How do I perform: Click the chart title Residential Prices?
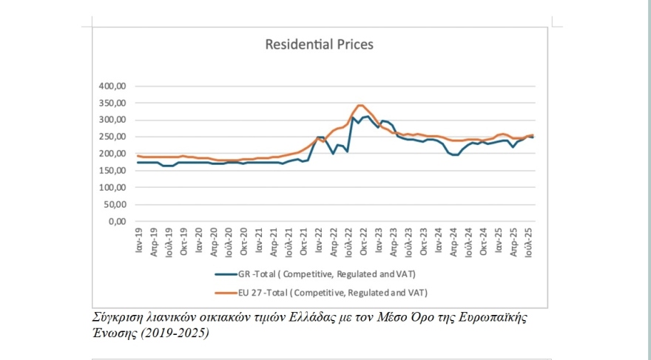(x=320, y=44)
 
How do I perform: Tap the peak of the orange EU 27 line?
(x=360, y=105)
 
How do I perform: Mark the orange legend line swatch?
(x=225, y=291)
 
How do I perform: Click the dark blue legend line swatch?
(x=225, y=273)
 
